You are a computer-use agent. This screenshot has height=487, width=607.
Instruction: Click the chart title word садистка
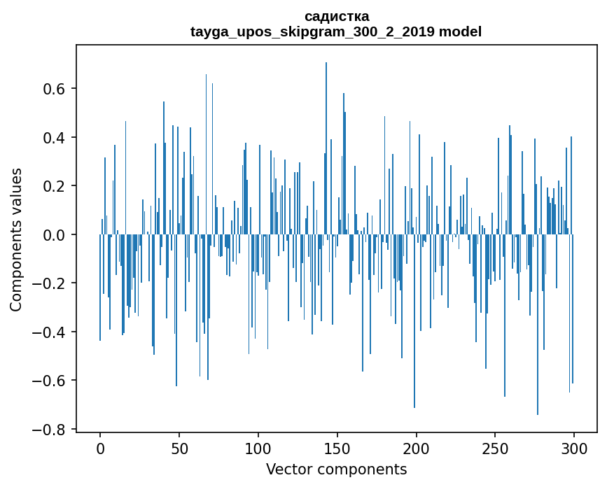click(x=336, y=16)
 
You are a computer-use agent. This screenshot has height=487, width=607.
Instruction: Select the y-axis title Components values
click(x=15, y=239)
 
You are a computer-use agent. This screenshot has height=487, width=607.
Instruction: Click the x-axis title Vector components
click(x=336, y=469)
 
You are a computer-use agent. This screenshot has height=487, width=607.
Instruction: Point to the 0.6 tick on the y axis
click(x=56, y=89)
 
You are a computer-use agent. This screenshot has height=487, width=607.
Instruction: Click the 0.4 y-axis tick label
click(x=56, y=138)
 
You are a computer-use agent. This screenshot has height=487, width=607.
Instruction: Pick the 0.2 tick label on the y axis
click(x=56, y=186)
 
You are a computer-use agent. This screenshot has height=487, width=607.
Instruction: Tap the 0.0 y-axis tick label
click(x=56, y=235)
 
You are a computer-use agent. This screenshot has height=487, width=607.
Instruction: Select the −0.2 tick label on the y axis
click(x=52, y=283)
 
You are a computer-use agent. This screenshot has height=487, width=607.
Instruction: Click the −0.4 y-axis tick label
click(x=52, y=332)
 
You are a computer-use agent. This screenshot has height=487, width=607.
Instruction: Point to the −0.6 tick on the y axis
click(x=52, y=381)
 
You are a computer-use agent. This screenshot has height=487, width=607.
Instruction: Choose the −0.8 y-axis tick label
click(x=52, y=430)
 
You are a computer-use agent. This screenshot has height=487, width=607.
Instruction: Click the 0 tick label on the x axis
click(x=100, y=447)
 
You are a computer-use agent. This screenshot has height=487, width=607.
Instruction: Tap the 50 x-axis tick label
click(x=179, y=447)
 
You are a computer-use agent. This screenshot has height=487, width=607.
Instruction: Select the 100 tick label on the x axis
click(x=258, y=447)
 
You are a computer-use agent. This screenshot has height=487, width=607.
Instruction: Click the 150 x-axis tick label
click(x=337, y=447)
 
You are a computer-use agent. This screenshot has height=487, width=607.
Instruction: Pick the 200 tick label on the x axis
click(x=417, y=447)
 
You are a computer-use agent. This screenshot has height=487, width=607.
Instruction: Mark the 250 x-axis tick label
click(x=495, y=447)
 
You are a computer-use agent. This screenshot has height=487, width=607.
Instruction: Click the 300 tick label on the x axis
click(x=574, y=447)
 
